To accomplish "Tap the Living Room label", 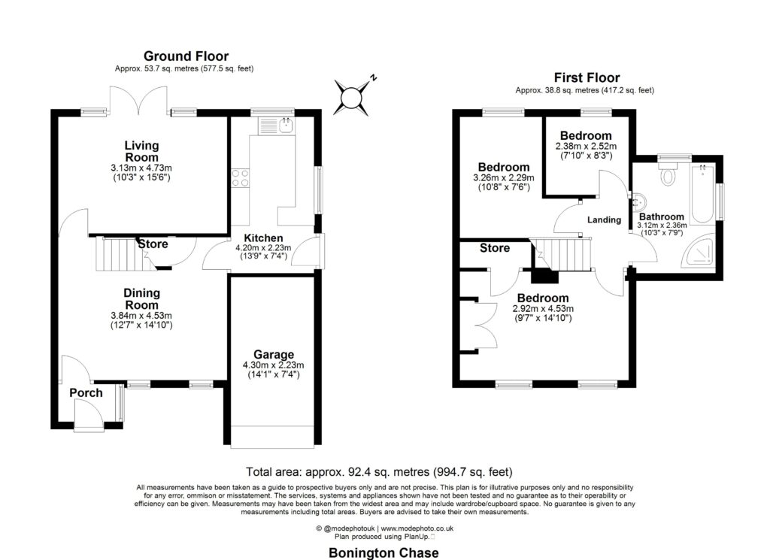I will (x=141, y=152).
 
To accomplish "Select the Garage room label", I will (x=273, y=355).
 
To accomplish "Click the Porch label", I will (x=86, y=393).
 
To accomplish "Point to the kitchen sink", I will (x=285, y=126).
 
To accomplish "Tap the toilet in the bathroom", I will (x=666, y=178).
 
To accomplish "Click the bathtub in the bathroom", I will (x=704, y=194).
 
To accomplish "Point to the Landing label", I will (x=604, y=220).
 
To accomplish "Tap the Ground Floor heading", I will (x=186, y=56).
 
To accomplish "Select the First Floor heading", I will (x=587, y=77).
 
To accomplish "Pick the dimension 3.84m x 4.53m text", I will (x=141, y=316).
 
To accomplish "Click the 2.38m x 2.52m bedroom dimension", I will (x=585, y=146).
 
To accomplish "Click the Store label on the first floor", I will (x=494, y=248).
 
